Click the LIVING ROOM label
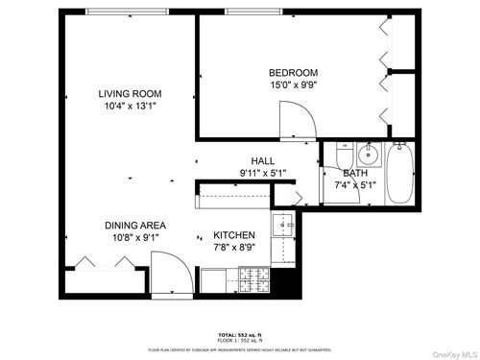pos(129,93)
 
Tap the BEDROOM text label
pos(293,73)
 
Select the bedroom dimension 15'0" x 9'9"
pos(293,84)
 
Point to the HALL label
pos(263,161)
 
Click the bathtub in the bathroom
pos(400,175)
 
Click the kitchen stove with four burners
pos(256,280)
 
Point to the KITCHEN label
pos(233,234)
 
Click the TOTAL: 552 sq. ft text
pos(240,334)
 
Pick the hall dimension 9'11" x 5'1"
pos(263,173)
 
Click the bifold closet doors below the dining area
pos(97,263)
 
